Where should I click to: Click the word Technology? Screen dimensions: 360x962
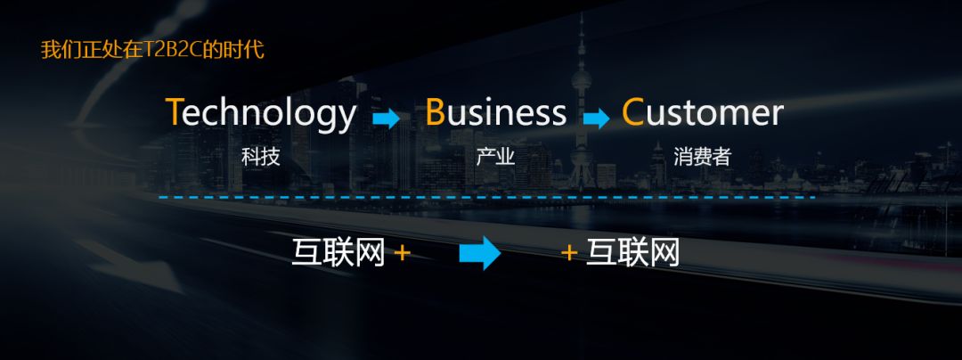click(x=261, y=114)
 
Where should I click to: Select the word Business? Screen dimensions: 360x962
click(x=495, y=113)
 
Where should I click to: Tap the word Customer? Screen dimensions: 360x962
click(x=702, y=113)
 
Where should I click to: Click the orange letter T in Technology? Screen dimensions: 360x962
click(x=175, y=113)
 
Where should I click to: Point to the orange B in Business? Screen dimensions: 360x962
click(x=435, y=113)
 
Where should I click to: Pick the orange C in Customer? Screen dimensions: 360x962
click(x=632, y=113)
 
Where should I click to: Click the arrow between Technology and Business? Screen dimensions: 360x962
click(x=386, y=119)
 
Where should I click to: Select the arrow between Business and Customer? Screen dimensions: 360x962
click(x=596, y=119)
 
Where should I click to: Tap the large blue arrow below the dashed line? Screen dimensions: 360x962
click(x=480, y=254)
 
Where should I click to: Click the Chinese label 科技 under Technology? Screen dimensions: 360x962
click(x=261, y=158)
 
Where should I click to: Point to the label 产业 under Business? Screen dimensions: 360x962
click(x=495, y=158)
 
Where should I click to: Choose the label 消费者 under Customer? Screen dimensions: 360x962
click(x=703, y=158)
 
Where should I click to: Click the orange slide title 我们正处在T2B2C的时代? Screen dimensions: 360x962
click(x=152, y=50)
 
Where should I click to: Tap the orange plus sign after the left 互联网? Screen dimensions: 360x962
click(x=402, y=253)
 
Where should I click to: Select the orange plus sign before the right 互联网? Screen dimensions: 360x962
click(x=569, y=253)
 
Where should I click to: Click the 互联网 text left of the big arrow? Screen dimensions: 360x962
click(x=338, y=253)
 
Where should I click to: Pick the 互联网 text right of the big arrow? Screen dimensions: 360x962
click(x=633, y=253)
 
